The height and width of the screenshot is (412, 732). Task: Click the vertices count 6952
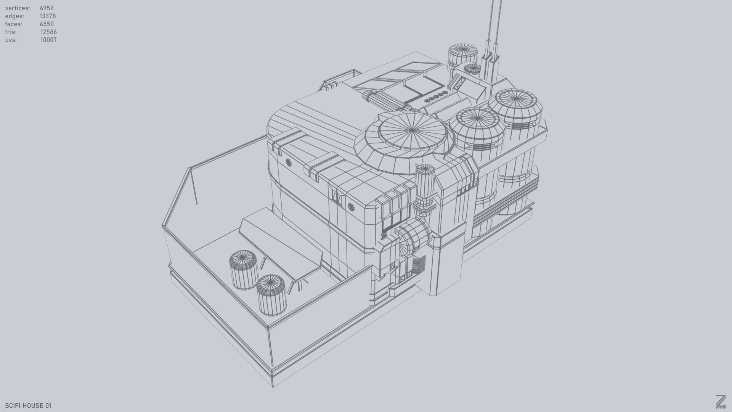pos(47,8)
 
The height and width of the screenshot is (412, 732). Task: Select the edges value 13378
pos(48,16)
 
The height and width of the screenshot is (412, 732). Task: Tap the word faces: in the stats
pos(14,24)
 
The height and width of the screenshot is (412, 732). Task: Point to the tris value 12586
pos(48,32)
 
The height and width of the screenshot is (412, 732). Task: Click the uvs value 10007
pos(48,40)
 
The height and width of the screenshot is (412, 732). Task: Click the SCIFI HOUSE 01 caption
pos(28,406)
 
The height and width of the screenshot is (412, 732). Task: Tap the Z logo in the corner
pos(721,401)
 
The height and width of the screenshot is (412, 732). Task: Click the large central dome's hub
pos(413,131)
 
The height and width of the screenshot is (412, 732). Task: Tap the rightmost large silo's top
pos(515,99)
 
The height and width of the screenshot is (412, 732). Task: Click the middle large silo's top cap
pos(477,119)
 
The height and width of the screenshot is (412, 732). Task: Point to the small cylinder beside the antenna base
pos(473,69)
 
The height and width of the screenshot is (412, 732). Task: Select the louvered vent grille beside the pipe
pos(419,264)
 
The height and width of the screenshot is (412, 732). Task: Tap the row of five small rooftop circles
pos(436,98)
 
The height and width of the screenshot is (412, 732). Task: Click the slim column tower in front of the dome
pos(425,183)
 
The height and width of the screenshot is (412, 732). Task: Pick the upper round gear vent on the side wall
pos(289,162)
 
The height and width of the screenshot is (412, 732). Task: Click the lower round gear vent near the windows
pos(352,207)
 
